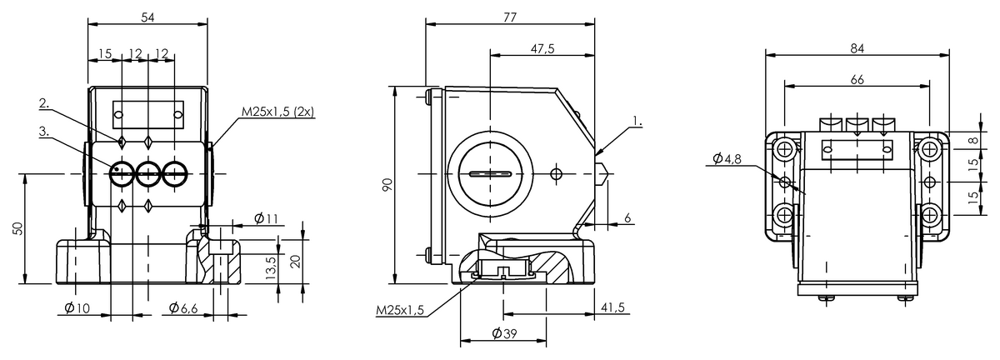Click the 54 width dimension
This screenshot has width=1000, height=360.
pos(147,17)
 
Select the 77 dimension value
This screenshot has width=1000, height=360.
pos(510,17)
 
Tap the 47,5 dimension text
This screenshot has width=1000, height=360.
pos(542,48)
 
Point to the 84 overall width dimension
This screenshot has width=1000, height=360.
pos(857,48)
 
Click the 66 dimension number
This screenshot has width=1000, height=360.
pos(857,79)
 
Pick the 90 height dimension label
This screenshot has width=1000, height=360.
pos(387,184)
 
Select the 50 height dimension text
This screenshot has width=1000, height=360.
pos(17,228)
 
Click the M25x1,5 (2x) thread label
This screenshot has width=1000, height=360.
pos(278,112)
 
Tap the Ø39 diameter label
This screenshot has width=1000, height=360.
pos(504,333)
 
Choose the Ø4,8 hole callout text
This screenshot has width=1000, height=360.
pos(727,158)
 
